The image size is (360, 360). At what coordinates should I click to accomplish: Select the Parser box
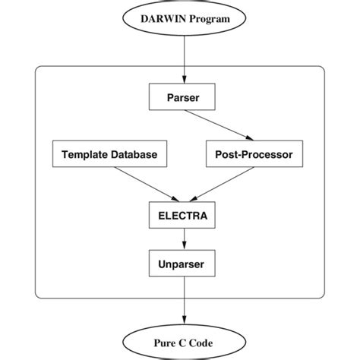[x=182, y=97]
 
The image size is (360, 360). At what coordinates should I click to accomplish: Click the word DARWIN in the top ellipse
[x=158, y=17]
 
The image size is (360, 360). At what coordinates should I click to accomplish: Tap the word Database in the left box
[x=131, y=155]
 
